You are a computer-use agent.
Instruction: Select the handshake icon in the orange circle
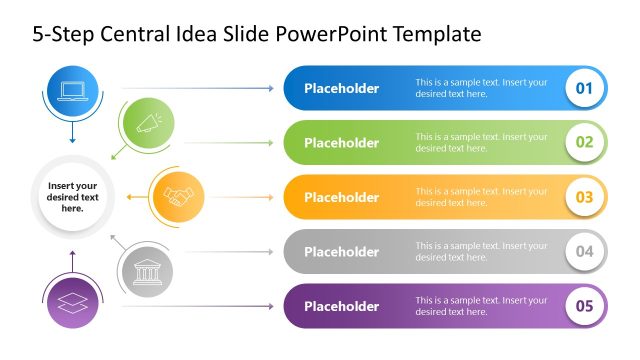179,196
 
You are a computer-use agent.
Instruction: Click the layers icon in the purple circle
72,303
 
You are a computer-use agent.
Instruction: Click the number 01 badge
584,88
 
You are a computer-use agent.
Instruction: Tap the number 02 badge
584,142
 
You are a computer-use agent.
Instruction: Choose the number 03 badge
584,197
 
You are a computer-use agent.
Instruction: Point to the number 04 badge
584,251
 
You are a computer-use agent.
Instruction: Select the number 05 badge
584,306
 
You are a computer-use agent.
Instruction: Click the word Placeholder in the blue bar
341,88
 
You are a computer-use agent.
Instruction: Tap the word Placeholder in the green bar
341,143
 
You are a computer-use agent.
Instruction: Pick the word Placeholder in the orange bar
341,197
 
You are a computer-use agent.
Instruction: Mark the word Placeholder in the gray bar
341,252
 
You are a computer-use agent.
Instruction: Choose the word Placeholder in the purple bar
341,306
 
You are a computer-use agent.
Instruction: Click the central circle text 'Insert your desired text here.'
72,197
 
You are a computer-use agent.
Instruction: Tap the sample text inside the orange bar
481,197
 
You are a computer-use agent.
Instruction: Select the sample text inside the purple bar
481,306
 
